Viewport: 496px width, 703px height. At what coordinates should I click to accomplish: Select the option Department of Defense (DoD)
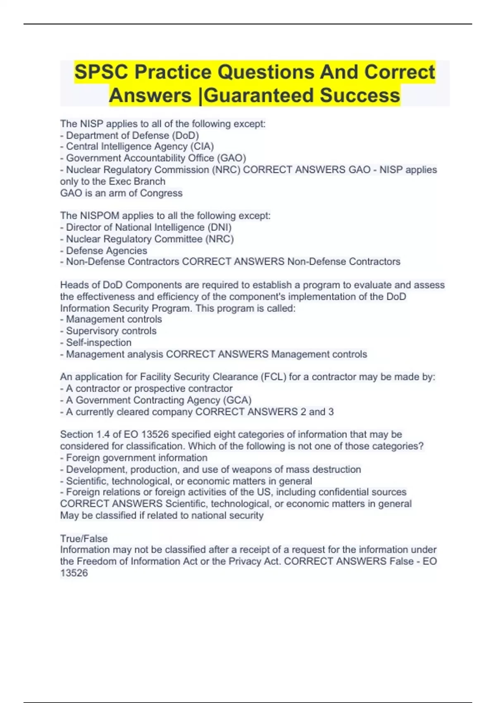[x=132, y=135]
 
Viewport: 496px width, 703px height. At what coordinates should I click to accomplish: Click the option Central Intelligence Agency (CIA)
[x=140, y=146]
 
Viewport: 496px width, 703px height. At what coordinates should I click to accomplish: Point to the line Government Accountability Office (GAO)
[x=156, y=158]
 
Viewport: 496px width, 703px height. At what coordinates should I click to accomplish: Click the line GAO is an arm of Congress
[x=121, y=193]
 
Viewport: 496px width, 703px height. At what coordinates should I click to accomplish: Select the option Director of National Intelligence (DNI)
[x=148, y=227]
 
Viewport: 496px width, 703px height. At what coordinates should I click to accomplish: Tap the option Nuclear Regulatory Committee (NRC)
[x=150, y=239]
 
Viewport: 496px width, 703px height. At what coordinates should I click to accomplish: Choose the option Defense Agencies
[x=106, y=251]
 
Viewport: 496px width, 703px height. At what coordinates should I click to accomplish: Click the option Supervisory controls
[x=111, y=331]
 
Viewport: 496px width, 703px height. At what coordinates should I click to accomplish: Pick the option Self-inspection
[x=99, y=342]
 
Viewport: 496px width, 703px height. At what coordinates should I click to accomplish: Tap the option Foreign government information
[x=136, y=458]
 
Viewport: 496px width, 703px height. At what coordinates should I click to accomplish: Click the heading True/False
[x=83, y=538]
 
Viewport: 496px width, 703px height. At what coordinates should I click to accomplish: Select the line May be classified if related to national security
[x=162, y=515]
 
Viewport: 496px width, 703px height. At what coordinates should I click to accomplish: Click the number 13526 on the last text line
[x=74, y=573]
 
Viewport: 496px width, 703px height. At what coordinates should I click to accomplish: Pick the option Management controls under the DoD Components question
[x=114, y=319]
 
